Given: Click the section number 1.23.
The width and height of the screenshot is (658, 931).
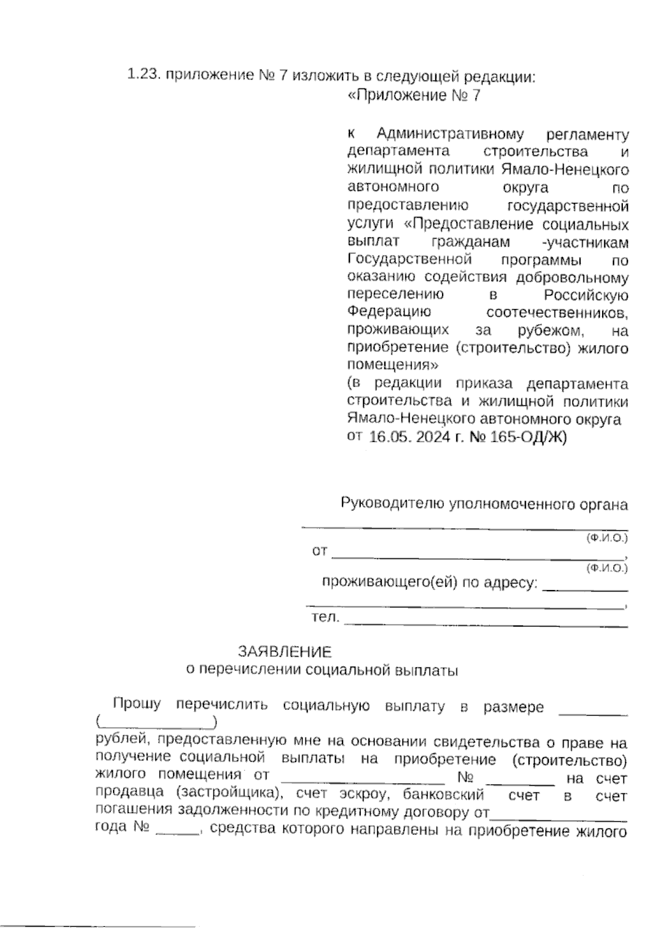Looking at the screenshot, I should tap(144, 75).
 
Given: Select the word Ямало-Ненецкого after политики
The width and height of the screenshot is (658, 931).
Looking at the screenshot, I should tap(565, 169).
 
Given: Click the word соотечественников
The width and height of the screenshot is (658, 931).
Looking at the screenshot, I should tap(558, 313).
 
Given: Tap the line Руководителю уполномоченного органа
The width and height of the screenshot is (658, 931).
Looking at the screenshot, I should tap(484, 504).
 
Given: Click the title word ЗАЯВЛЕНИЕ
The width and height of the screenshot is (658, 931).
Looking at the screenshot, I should tap(285, 652).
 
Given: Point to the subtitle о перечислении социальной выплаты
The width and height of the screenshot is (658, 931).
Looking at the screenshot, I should tap(322, 670).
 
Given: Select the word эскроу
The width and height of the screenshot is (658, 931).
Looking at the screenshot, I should tap(365, 794).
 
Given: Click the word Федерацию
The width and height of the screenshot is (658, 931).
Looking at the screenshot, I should tap(389, 313).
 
